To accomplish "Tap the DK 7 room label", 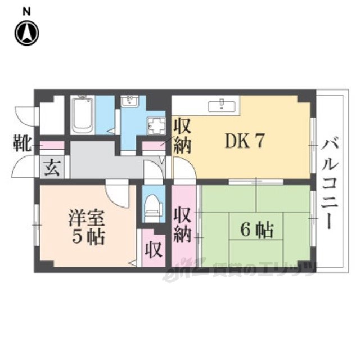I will point(245,142).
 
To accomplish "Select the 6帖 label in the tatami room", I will point(257,229).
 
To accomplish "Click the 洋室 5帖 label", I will point(84,226).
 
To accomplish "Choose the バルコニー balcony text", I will point(329,185).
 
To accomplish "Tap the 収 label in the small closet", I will point(152,248).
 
